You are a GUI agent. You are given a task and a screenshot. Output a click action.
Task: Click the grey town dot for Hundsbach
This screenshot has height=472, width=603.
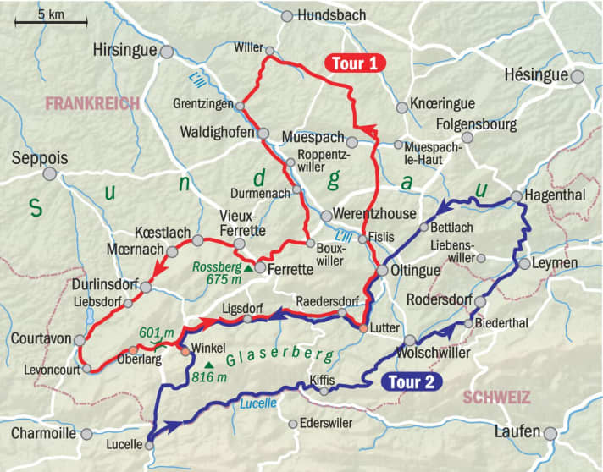click(x=287, y=16)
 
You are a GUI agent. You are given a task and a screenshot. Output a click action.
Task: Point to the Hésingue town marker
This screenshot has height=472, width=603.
click(x=578, y=76)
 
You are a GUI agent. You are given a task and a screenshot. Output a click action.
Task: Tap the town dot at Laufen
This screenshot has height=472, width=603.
click(x=551, y=433)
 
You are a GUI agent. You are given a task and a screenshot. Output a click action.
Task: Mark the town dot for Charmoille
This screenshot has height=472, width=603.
click(x=86, y=434)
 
